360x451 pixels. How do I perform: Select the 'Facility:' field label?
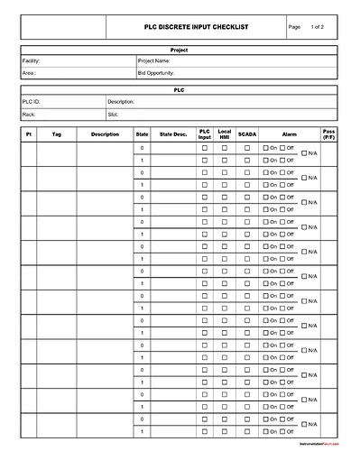(x=32, y=60)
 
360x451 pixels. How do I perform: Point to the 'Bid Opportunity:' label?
(x=157, y=72)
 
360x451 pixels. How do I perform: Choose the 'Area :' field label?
(x=30, y=72)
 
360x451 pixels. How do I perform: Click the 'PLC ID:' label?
(x=32, y=102)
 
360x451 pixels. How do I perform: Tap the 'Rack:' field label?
(x=30, y=115)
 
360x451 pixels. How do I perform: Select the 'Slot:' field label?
(x=113, y=115)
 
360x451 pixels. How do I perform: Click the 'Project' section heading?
(x=179, y=50)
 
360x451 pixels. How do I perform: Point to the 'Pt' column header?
(x=29, y=134)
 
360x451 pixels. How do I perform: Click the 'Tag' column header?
(x=57, y=134)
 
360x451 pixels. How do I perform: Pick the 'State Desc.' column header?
(x=173, y=134)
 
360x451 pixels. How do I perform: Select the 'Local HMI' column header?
(x=225, y=134)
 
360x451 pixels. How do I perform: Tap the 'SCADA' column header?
(x=247, y=134)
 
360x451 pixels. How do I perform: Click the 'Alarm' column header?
(x=290, y=134)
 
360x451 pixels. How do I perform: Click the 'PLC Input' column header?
(x=204, y=134)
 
